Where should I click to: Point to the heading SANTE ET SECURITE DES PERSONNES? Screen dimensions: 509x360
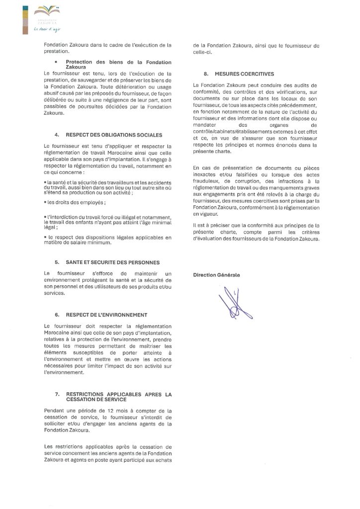[x=114, y=262]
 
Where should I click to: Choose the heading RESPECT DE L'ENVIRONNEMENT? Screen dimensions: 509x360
[x=108, y=315]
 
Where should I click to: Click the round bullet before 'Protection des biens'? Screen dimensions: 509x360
[x=56, y=62]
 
